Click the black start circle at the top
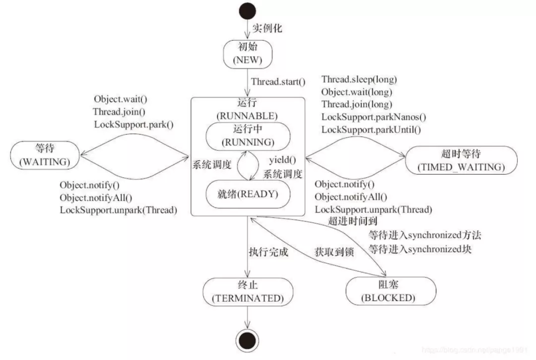click(x=248, y=11)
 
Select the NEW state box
click(x=248, y=54)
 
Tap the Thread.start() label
click(x=278, y=81)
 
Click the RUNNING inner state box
click(x=248, y=135)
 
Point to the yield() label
click(x=282, y=160)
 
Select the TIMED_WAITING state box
click(x=462, y=160)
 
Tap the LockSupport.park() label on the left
click(x=134, y=124)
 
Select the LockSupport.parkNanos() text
click(x=373, y=117)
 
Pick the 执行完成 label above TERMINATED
click(x=268, y=252)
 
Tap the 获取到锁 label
click(x=334, y=252)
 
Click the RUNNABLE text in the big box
click(x=248, y=116)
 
